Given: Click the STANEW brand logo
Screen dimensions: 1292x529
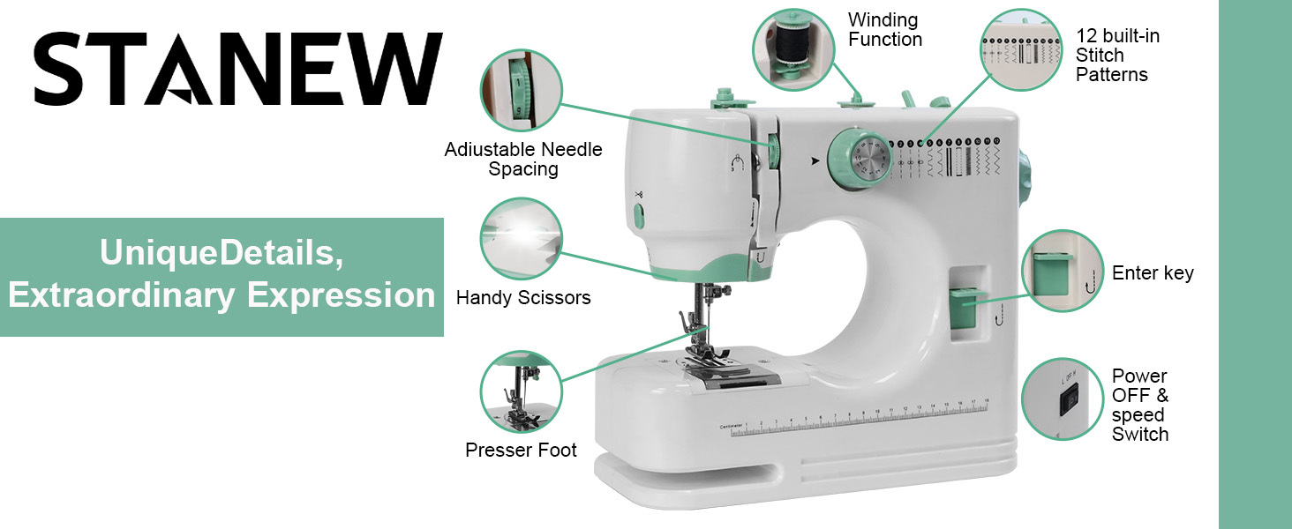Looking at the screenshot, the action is (237, 69).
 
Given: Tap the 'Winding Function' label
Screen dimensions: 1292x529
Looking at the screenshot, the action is (885, 29).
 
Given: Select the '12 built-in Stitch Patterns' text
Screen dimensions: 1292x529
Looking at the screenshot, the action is (1117, 56).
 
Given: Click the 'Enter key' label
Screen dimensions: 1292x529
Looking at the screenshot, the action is (1153, 272).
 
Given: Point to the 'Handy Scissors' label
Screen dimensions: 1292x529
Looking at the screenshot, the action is (523, 297).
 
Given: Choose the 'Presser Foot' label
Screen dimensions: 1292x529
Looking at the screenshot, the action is (521, 450).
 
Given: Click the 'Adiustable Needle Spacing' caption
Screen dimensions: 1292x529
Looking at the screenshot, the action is (523, 159).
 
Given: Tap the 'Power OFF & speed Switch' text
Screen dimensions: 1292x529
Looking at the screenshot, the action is (1139, 405).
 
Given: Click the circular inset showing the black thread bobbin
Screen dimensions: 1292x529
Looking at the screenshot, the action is (793, 49).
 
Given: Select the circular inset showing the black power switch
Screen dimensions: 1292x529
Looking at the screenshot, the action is (1062, 399).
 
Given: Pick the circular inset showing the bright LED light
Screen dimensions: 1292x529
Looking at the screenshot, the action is (521, 239).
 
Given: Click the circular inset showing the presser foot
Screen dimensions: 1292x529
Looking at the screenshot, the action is (521, 391).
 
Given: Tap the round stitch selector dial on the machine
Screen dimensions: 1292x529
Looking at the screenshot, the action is (860, 158).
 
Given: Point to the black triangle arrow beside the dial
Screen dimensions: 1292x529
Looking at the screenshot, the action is (815, 160).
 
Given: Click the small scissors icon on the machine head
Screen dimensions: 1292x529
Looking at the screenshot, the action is (639, 194).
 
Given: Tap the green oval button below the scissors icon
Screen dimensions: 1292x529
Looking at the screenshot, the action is (639, 217).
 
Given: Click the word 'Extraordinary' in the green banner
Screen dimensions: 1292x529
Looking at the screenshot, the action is (122, 295).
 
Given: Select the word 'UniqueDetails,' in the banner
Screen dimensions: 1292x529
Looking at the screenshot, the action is (222, 252).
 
